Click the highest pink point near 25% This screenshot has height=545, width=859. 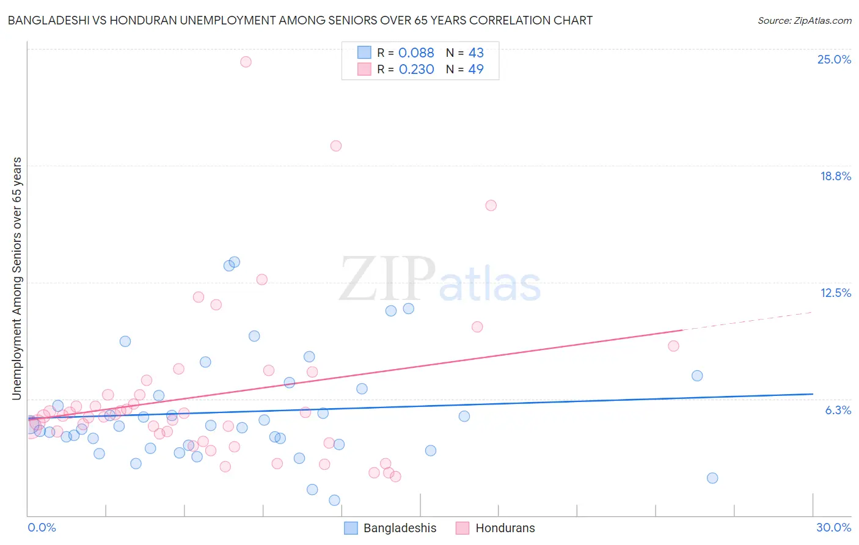pyautogui.click(x=246, y=62)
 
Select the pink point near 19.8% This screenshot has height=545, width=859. pyautogui.click(x=335, y=146)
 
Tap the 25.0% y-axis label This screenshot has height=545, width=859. pyautogui.click(x=834, y=60)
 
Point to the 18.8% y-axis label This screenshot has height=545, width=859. pyautogui.click(x=835, y=177)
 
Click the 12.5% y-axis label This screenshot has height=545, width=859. pyautogui.click(x=835, y=293)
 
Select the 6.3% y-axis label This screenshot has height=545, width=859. pyautogui.click(x=838, y=411)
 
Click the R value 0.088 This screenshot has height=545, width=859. pyautogui.click(x=416, y=53)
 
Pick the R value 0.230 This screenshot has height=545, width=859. pyautogui.click(x=416, y=70)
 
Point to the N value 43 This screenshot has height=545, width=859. pyautogui.click(x=476, y=53)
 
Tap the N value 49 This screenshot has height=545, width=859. pyautogui.click(x=476, y=70)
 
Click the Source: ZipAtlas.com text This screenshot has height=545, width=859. pyautogui.click(x=804, y=21)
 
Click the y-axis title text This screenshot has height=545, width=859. pyautogui.click(x=16, y=279)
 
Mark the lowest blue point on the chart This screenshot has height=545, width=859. pyautogui.click(x=334, y=500)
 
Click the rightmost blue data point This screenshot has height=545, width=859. pyautogui.click(x=712, y=478)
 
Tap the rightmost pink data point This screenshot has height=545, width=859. pyautogui.click(x=673, y=346)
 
